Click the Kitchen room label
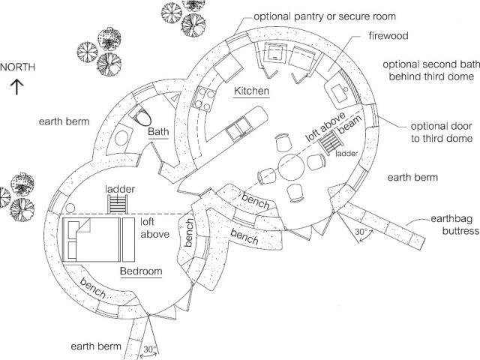[x=252, y=91]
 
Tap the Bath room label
[x=158, y=132]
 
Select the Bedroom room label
[x=140, y=269]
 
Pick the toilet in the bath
[x=142, y=116]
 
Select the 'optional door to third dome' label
[x=442, y=132]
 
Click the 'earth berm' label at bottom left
[x=96, y=346]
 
